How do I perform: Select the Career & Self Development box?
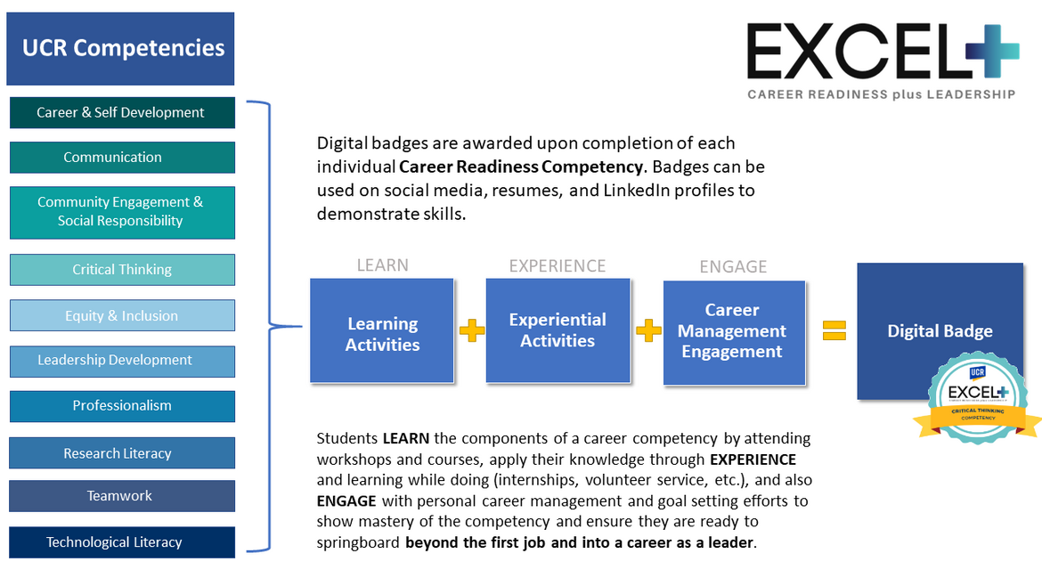(122, 112)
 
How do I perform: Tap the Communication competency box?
(122, 158)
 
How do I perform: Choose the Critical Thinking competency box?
(122, 269)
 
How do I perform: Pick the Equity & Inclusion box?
(122, 315)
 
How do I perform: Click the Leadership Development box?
(122, 361)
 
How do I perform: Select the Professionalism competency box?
(122, 406)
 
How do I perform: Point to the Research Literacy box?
(122, 453)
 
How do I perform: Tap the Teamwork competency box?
(122, 496)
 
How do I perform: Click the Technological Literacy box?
(122, 542)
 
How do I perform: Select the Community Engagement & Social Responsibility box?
(122, 212)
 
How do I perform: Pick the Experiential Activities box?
(558, 330)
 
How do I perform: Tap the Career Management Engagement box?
(732, 331)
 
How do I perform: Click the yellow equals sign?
(833, 330)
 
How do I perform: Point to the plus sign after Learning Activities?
(471, 331)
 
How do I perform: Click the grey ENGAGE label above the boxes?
(733, 266)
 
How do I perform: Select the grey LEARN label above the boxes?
(382, 265)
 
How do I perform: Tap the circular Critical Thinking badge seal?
(977, 396)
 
